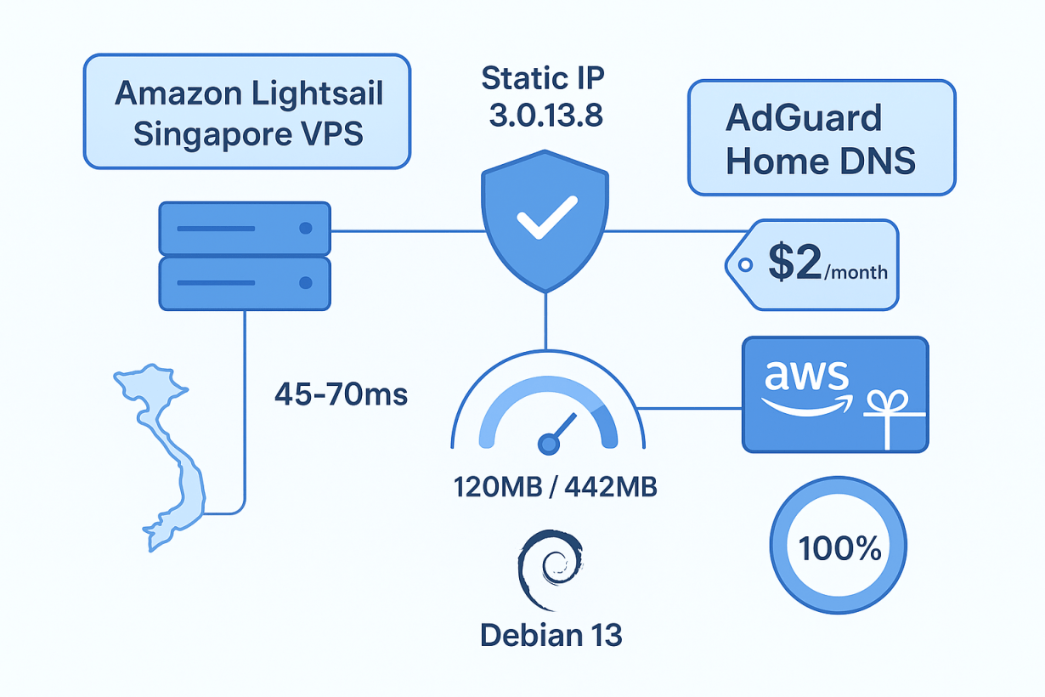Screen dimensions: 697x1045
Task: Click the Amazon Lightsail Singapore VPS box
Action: (x=246, y=112)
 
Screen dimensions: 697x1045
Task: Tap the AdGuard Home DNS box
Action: (x=821, y=139)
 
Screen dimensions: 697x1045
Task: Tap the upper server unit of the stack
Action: (x=245, y=229)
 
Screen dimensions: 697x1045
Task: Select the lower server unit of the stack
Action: (x=245, y=283)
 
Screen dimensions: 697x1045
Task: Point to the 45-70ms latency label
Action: (x=341, y=394)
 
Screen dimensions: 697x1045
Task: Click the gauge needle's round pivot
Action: (x=550, y=443)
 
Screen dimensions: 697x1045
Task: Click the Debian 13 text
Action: (x=551, y=635)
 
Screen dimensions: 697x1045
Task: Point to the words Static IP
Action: (x=545, y=79)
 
